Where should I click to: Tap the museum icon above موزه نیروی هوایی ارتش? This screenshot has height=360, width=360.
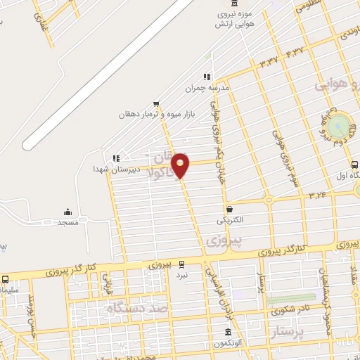[235, 4]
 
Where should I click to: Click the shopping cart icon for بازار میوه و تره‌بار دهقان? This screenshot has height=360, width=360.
[156, 103]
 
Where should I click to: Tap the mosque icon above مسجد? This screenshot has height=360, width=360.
[67, 212]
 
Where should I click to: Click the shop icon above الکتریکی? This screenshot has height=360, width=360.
[230, 209]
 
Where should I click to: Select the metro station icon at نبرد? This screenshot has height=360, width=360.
[182, 264]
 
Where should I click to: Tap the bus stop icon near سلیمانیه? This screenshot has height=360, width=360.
[5, 279]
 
